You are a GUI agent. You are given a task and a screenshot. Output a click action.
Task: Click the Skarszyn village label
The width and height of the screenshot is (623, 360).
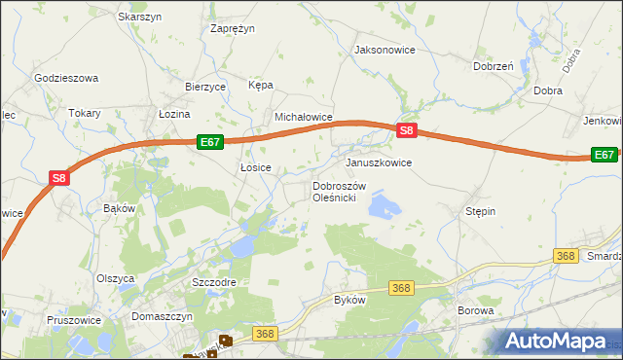(x=138, y=17)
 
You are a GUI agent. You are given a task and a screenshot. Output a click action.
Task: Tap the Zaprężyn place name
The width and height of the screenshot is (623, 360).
(x=233, y=28)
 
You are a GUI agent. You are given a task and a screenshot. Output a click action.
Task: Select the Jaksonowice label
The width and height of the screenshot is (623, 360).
(x=385, y=49)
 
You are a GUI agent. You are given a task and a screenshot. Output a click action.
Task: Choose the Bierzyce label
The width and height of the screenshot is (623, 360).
(x=205, y=86)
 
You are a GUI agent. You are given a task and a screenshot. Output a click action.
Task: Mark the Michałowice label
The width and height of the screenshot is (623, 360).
(x=304, y=117)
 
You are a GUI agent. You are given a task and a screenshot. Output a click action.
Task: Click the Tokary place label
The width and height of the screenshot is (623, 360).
(x=85, y=113)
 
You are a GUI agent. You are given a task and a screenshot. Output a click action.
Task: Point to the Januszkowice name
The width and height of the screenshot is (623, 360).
(x=379, y=162)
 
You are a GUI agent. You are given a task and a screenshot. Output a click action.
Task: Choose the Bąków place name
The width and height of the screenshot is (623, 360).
(x=117, y=208)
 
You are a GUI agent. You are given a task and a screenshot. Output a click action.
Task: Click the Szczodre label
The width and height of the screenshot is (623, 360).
(x=215, y=281)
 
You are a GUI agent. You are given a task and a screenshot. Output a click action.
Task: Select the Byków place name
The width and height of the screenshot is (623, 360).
(x=349, y=300)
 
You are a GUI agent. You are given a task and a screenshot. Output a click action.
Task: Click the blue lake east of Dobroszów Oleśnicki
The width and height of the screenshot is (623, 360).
(x=385, y=205)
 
